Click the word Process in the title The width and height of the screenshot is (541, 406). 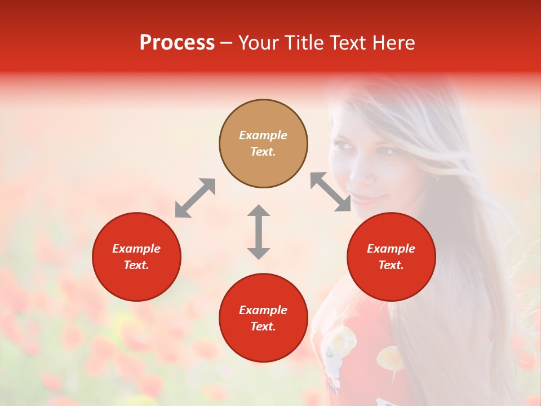pos(177,43)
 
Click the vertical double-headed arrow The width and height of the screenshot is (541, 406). pos(259,232)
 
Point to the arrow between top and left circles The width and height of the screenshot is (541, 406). pos(195,198)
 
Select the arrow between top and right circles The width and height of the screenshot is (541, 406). pos(331,192)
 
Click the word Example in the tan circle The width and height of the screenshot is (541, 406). pos(263,135)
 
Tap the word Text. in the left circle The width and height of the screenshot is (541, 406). pos(136,265)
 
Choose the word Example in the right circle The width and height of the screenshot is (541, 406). pos(391,249)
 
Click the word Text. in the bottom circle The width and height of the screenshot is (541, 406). pos(263,326)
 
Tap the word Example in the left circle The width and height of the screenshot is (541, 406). pos(136,249)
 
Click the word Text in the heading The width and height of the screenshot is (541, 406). pos(346,43)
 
